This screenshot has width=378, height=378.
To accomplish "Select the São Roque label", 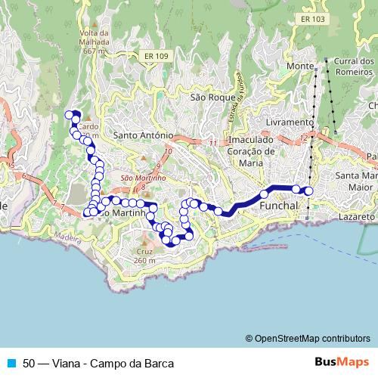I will click(x=208, y=98).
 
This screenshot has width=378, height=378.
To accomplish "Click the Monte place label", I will click(x=300, y=67).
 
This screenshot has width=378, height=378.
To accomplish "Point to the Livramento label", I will click(x=290, y=122).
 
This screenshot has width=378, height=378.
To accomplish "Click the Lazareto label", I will click(x=357, y=216).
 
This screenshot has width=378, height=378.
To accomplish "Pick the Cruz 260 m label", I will click(x=145, y=256).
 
